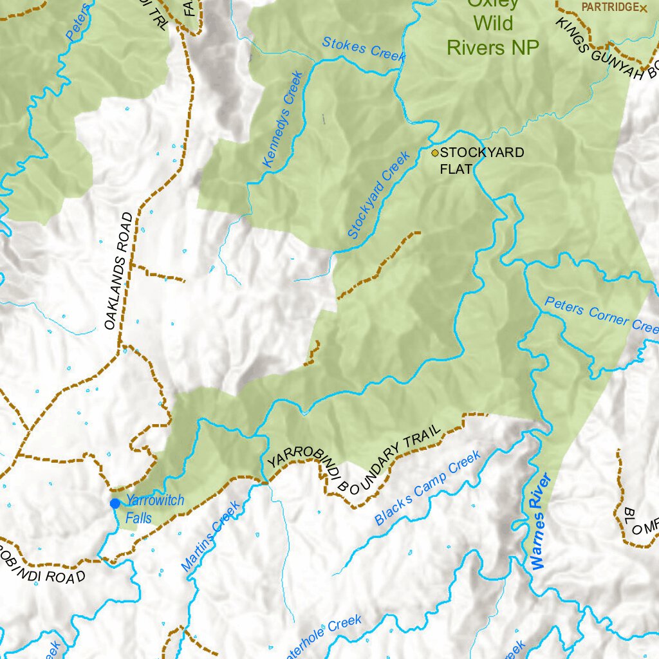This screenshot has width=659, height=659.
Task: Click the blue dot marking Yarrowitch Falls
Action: click(x=115, y=503)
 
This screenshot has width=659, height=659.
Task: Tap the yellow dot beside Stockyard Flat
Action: click(x=435, y=153)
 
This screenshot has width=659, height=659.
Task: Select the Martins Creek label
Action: click(x=210, y=535)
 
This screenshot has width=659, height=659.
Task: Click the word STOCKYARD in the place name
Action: click(x=482, y=153)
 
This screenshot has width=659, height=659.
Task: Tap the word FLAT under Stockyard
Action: click(x=456, y=169)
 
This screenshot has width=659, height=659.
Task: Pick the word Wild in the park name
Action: click(x=493, y=24)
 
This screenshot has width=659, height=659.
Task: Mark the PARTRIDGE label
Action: click(x=609, y=7)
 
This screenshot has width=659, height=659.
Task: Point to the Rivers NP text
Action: click(x=493, y=46)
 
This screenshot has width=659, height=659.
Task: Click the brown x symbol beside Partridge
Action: click(x=643, y=8)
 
